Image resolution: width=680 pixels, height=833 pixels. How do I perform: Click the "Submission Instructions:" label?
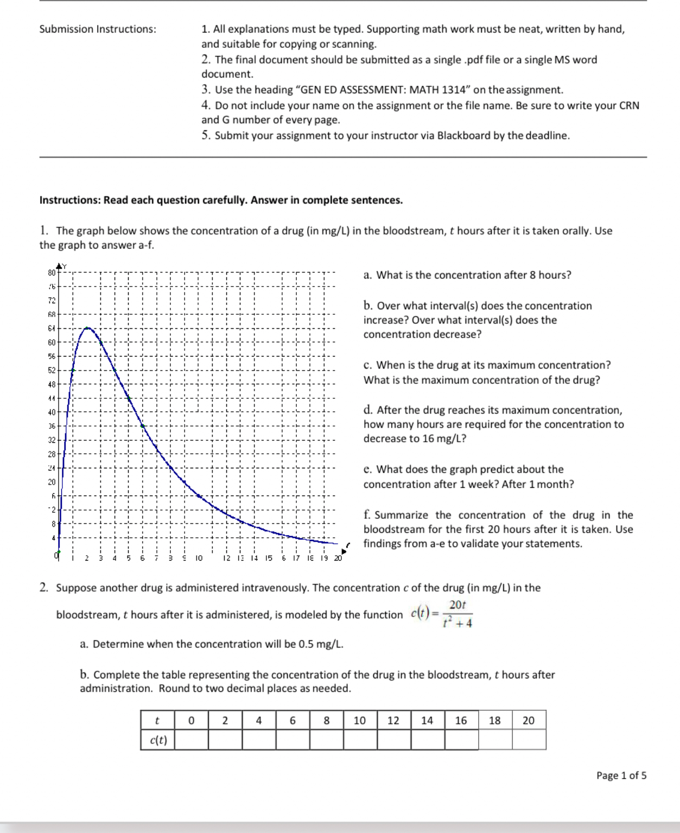pos(98,29)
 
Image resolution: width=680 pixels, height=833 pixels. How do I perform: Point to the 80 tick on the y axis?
pos(52,272)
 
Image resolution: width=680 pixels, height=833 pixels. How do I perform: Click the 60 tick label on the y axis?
pos(52,342)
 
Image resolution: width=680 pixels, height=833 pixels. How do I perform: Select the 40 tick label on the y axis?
pos(52,412)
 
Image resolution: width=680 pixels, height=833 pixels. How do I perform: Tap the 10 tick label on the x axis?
pos(199,558)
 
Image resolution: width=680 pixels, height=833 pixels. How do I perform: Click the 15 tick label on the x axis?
pos(269,558)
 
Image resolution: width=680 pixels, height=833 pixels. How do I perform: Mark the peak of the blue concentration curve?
pos(87,328)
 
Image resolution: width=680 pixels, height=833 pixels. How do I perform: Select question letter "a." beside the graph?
pos(368,276)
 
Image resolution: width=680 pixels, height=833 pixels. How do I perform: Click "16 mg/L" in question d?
pos(444,439)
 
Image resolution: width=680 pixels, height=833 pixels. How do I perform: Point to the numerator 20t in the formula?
pos(457,605)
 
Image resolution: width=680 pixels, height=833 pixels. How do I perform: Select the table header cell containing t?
pos(157,720)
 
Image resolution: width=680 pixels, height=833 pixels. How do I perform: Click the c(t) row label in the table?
pos(158,740)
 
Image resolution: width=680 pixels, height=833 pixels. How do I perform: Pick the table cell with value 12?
pos(393,720)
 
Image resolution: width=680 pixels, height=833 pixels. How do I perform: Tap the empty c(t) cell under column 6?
pos(293,740)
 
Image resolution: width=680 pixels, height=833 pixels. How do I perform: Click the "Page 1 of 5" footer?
pos(621,775)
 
